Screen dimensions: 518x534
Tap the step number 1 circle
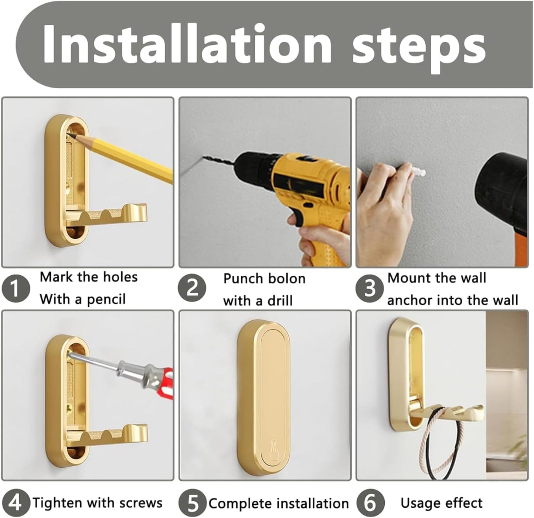pyautogui.click(x=16, y=289)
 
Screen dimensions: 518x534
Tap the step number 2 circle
pyautogui.click(x=192, y=289)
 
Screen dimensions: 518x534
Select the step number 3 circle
pyautogui.click(x=370, y=289)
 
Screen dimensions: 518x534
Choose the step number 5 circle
pyautogui.click(x=193, y=503)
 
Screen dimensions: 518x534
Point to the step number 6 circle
pyautogui.click(x=371, y=503)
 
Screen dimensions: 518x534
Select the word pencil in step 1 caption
pyautogui.click(x=106, y=300)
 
